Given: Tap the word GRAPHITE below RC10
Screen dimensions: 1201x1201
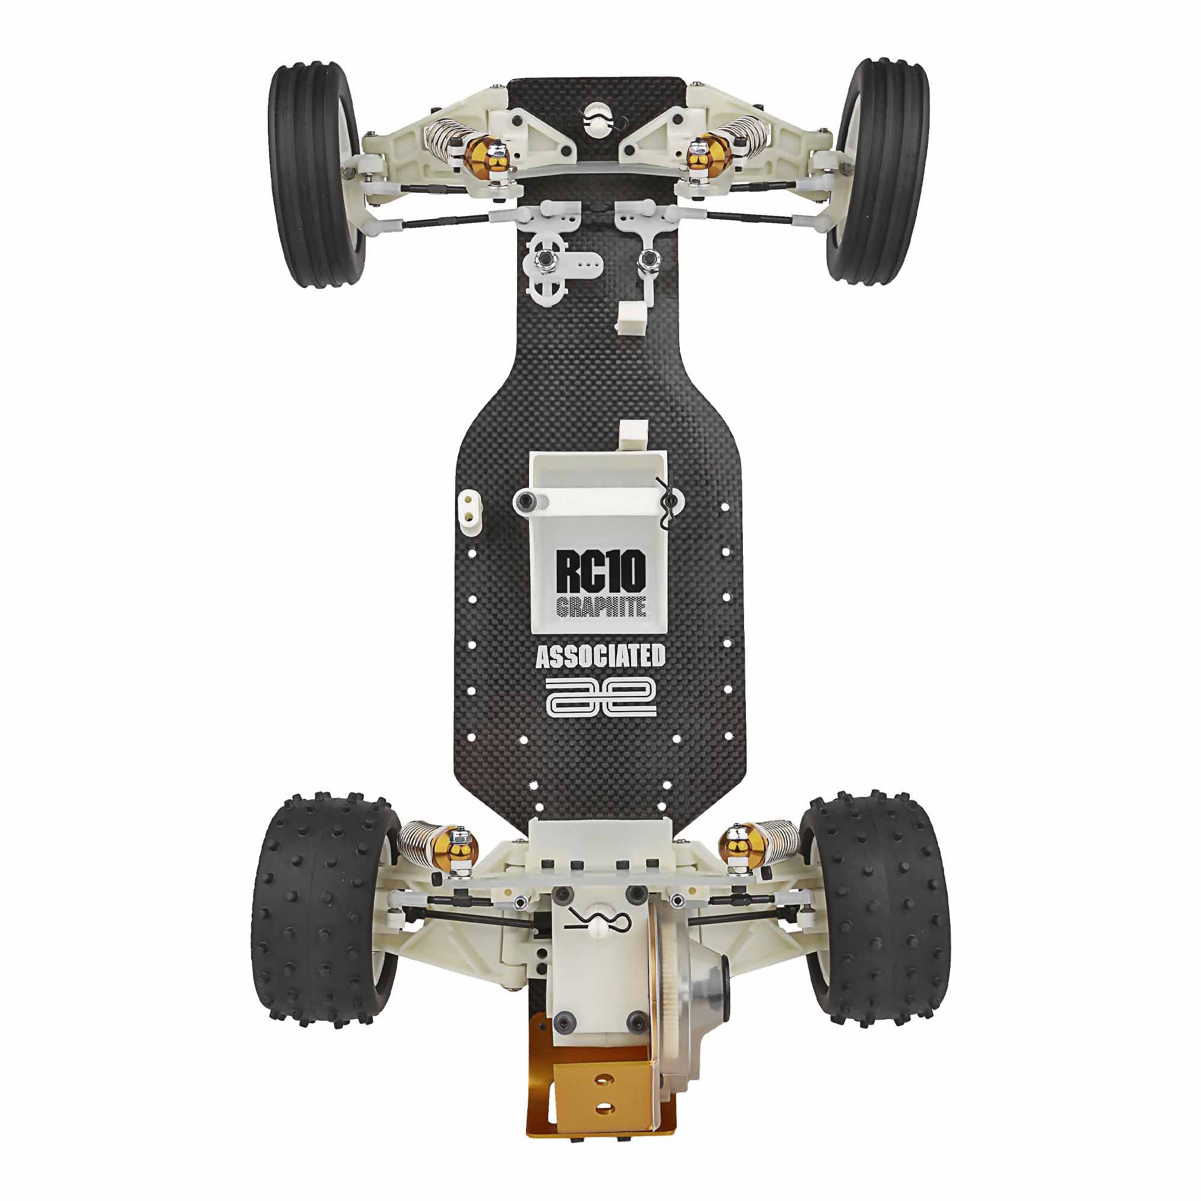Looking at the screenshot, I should point(600,607).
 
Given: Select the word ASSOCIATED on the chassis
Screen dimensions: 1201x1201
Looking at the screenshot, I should point(600,656).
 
